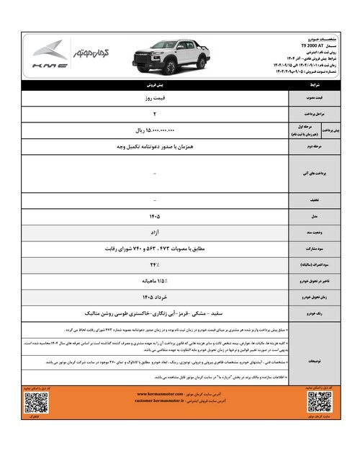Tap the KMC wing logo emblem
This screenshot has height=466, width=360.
50,50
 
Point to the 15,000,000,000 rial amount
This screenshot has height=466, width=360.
156,130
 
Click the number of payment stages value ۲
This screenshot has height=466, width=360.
156,114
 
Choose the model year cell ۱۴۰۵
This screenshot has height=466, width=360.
156,215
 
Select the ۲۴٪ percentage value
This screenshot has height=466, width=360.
156,265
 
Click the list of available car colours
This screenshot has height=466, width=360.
156,314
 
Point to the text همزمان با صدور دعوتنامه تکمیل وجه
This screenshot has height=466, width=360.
156,147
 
